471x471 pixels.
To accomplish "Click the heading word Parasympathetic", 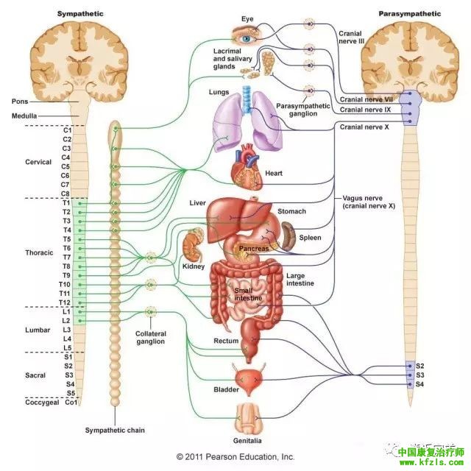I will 411,14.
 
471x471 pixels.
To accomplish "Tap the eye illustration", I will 247,33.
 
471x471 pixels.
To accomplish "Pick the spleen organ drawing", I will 288,237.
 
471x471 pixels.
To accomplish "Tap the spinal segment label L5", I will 66,347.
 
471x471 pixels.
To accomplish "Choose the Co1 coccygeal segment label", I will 71,403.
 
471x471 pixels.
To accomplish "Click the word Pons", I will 20,101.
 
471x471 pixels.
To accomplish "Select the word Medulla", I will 24,116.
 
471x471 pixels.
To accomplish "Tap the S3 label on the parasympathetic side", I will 420,375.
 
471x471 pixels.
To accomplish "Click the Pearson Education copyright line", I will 235,456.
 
